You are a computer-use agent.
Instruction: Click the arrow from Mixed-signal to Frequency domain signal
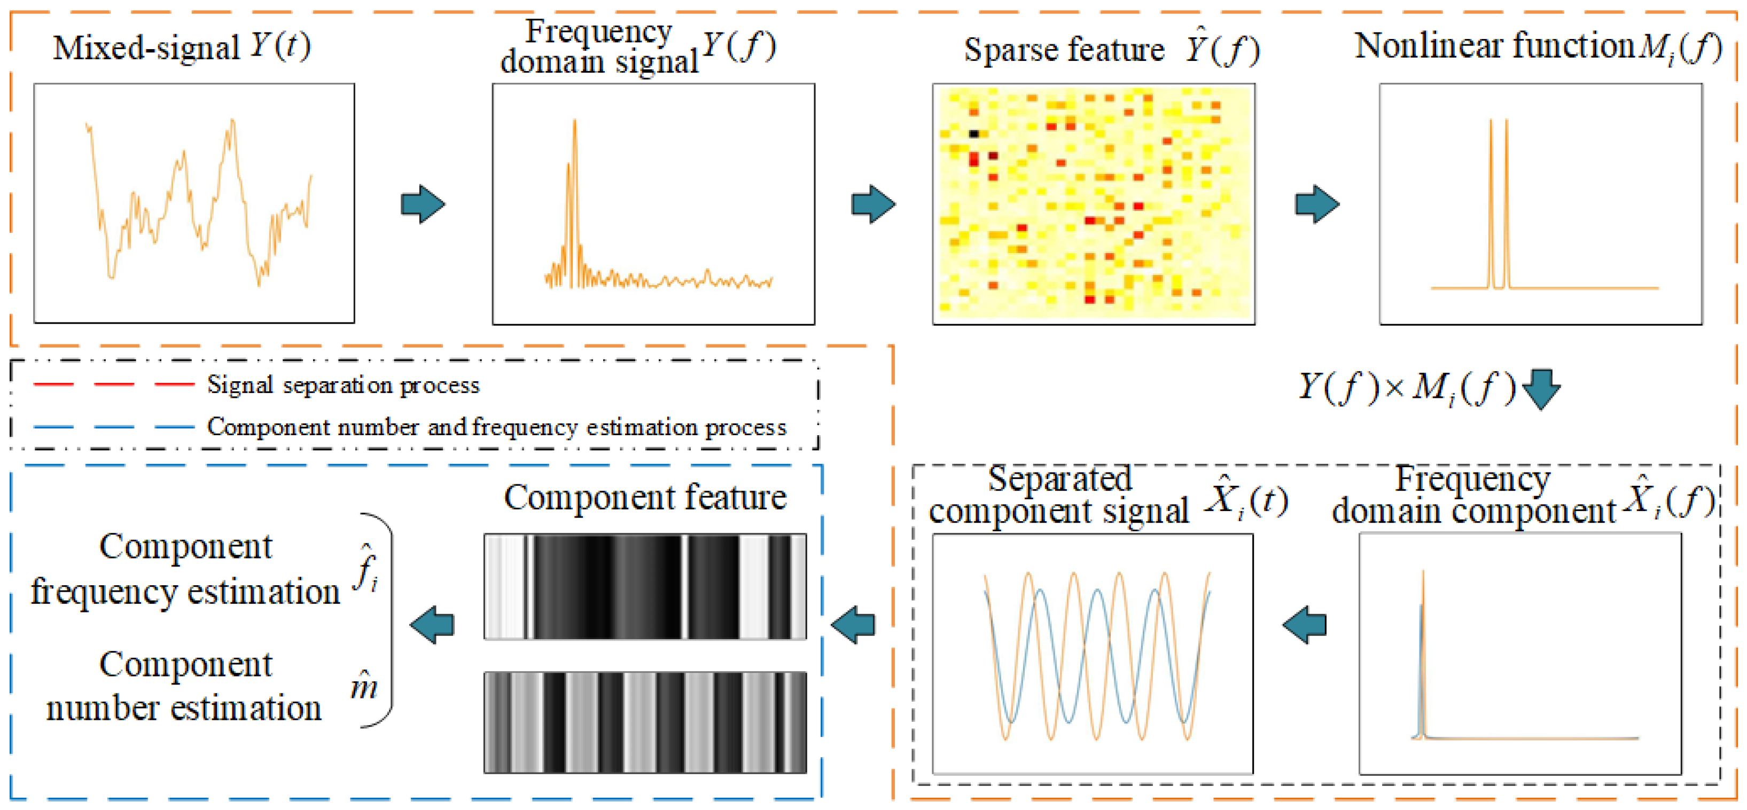[423, 203]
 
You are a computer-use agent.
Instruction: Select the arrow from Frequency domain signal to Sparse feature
[873, 203]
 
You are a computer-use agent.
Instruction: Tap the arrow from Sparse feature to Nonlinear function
[1316, 203]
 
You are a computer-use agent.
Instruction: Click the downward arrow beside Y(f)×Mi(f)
[1541, 388]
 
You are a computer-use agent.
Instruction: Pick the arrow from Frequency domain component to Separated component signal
[1304, 624]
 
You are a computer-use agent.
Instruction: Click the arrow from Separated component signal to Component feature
[853, 624]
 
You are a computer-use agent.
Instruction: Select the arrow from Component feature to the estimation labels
[432, 624]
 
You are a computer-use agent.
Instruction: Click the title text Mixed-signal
[146, 48]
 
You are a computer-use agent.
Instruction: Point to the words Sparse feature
[1063, 50]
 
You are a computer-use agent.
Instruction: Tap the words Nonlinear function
[1494, 46]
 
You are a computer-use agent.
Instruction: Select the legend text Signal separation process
[343, 385]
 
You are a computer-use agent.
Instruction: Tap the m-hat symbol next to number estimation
[364, 686]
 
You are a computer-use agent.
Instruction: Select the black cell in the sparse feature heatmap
[974, 133]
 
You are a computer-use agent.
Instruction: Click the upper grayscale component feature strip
[645, 586]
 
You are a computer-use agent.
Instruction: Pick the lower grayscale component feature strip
[645, 722]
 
